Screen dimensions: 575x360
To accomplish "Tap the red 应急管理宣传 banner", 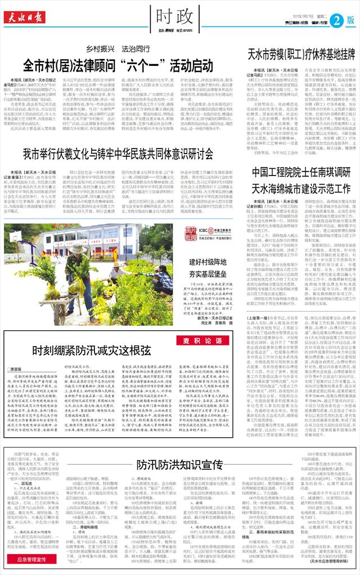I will click(35, 560).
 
